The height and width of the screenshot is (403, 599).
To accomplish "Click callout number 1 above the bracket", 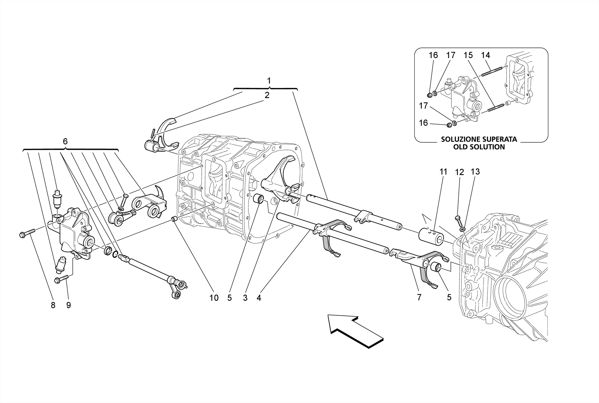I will point(269,81).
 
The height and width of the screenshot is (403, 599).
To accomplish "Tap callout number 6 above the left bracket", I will point(65,141).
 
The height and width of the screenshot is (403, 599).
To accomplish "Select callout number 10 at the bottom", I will point(214,298).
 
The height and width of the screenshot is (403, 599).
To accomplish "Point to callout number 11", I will point(443,172).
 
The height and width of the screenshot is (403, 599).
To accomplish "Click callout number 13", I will point(475,172).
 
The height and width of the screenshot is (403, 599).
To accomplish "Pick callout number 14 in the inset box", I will point(486,55).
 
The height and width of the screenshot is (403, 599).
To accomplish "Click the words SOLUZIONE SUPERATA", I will point(479,139).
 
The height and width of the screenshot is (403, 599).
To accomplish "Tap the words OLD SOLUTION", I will point(479,147).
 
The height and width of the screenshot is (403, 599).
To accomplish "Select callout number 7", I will point(419,298).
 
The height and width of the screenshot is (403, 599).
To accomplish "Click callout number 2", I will point(267,95).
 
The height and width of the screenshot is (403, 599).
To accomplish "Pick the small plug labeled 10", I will point(174,219).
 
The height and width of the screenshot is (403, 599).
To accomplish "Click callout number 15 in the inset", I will point(468,55).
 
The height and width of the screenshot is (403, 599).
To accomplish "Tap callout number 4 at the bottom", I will point(259,298).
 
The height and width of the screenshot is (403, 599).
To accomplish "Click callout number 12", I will point(459,172).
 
